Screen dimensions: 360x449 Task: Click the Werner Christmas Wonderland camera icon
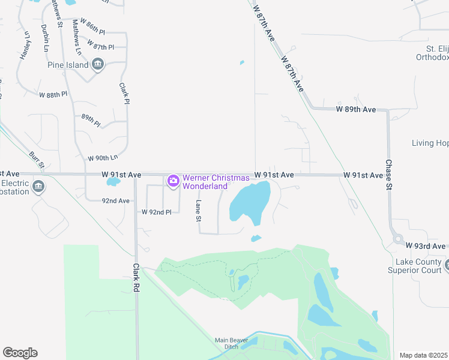(173, 180)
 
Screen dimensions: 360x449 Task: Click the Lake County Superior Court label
(418, 266)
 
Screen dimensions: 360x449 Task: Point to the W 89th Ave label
(355, 110)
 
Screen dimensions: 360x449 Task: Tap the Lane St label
(197, 211)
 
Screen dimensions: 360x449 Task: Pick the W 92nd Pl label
(157, 212)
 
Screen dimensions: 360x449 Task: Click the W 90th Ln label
(103, 158)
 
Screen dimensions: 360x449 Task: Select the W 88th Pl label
(53, 95)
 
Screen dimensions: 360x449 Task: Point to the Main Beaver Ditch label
(231, 344)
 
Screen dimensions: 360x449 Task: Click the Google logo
(20, 353)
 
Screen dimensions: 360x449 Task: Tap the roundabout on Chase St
(397, 239)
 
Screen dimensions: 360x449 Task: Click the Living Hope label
(430, 143)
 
